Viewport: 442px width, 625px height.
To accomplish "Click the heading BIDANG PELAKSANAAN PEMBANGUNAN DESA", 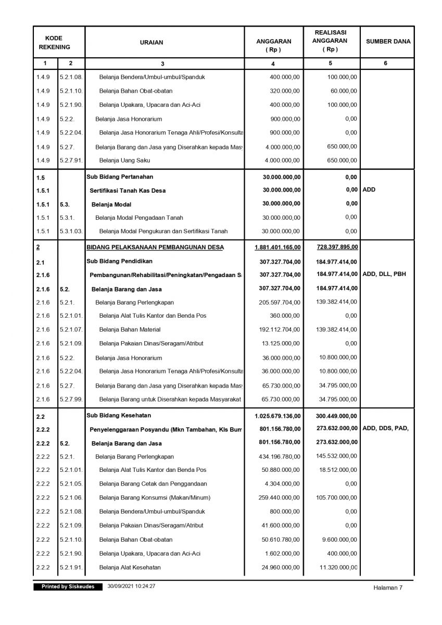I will click(x=155, y=247).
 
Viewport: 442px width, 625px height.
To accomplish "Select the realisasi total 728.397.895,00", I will click(x=337, y=247).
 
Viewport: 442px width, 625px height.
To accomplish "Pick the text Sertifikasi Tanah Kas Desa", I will click(x=128, y=191).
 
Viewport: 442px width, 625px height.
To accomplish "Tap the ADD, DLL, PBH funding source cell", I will click(x=385, y=274).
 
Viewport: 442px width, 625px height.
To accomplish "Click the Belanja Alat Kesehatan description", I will click(x=130, y=567).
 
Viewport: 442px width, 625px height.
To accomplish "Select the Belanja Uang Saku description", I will click(x=121, y=160).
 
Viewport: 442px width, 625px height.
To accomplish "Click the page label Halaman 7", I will click(x=388, y=587).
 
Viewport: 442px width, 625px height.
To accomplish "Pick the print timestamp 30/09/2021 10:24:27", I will click(x=132, y=586).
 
